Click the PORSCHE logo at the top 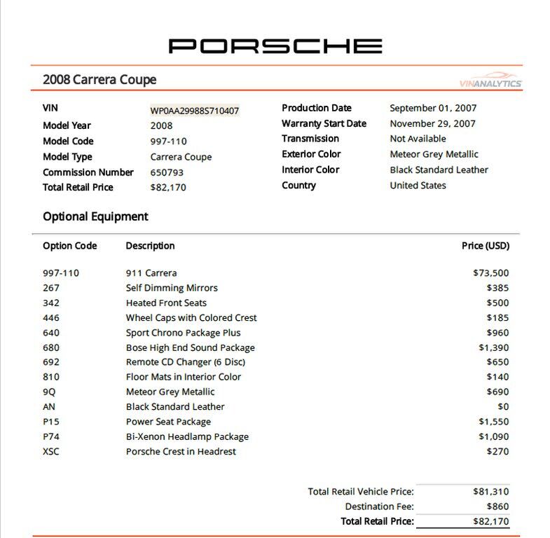point(275,46)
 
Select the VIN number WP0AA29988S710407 point(195,111)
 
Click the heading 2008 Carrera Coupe point(99,80)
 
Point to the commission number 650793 point(167,172)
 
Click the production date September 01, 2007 point(433,108)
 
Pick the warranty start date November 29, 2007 point(432,123)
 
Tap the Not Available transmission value point(418,139)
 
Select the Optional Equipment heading point(95,216)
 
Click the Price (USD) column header point(486,246)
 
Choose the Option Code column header point(69,246)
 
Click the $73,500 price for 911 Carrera point(490,273)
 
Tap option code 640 point(51,333)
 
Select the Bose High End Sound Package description point(190,347)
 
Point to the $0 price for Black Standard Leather point(502,406)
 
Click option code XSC point(51,451)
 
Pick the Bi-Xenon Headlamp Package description point(187,436)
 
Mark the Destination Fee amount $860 point(497,506)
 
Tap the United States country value point(418,185)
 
